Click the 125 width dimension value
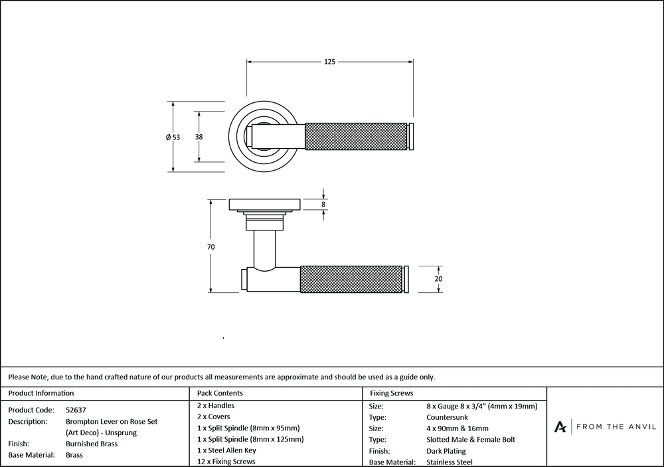tap(329, 62)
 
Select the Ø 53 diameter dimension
tap(173, 138)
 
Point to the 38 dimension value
tap(199, 137)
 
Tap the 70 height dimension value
tap(210, 247)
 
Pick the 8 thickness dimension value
tap(323, 205)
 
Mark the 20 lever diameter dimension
tap(438, 279)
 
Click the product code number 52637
tap(76, 410)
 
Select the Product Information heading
tap(41, 393)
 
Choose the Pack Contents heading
tap(220, 393)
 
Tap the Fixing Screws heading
tap(391, 393)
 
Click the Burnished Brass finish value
tap(92, 444)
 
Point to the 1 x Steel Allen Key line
tap(226, 450)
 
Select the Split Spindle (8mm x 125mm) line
tap(250, 439)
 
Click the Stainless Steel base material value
tap(450, 462)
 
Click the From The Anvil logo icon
tap(561, 426)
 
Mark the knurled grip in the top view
tap(355, 137)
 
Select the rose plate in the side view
tap(264, 203)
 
